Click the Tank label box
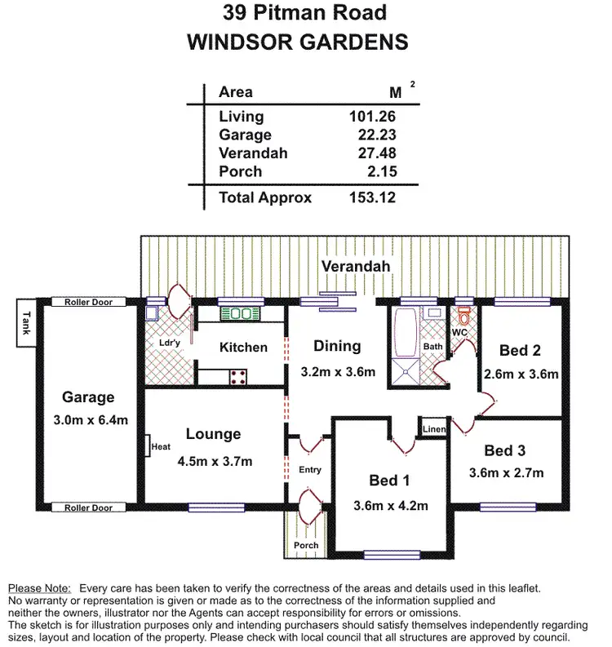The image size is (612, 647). tap(26, 323)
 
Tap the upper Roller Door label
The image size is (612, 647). tap(89, 302)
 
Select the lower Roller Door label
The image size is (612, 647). tap(89, 507)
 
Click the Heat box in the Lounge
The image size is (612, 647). tap(158, 446)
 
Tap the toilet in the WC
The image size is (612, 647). tap(465, 317)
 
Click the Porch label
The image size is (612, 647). tap(306, 545)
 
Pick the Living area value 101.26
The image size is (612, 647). tap(372, 117)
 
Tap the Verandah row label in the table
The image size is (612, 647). tap(253, 153)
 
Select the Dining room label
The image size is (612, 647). tap(337, 346)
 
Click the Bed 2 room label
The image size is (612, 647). tap(521, 351)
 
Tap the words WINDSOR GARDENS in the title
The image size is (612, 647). tap(298, 42)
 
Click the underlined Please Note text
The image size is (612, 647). tap(39, 587)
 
